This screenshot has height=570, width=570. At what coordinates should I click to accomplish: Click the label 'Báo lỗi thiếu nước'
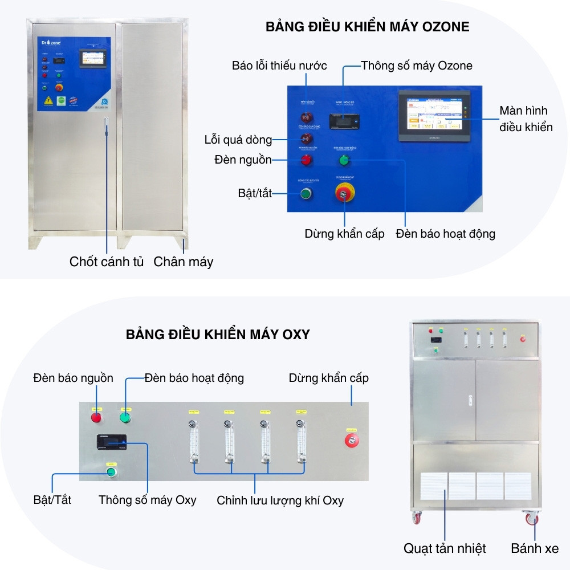pyautogui.click(x=279, y=66)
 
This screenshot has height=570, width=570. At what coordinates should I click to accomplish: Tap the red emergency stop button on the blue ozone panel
pyautogui.click(x=344, y=194)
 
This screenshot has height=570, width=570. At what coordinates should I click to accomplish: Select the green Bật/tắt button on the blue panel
pyautogui.click(x=306, y=194)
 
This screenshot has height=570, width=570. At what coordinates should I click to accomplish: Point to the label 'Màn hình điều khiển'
pyautogui.click(x=526, y=119)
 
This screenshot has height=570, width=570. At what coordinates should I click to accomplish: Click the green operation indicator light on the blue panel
pyautogui.click(x=344, y=160)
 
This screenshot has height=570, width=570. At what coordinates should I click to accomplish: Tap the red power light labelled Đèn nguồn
pyautogui.click(x=306, y=160)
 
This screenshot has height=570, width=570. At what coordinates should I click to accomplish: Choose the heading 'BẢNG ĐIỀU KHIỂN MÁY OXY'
pyautogui.click(x=218, y=335)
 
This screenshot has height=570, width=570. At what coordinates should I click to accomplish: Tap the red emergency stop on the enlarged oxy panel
pyautogui.click(x=352, y=441)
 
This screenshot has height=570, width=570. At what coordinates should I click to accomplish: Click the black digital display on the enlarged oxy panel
pyautogui.click(x=112, y=440)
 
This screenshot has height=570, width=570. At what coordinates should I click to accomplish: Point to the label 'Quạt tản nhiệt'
pyautogui.click(x=445, y=548)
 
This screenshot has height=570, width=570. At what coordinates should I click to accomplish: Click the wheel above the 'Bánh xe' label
pyautogui.click(x=531, y=519)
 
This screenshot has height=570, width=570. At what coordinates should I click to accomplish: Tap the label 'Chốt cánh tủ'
pyautogui.click(x=107, y=262)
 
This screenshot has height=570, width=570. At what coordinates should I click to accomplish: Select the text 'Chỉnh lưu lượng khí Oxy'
pyautogui.click(x=280, y=500)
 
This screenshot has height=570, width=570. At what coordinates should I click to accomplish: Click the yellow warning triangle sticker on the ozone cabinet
pyautogui.click(x=45, y=101)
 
